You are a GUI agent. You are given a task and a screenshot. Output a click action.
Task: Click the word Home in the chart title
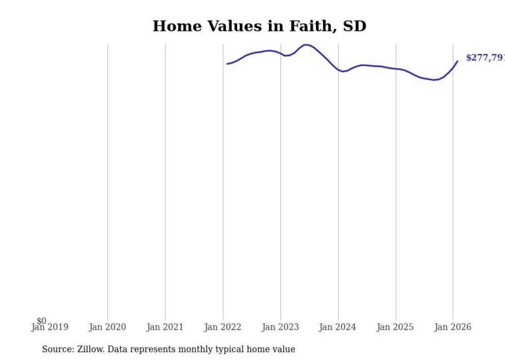tap(173, 26)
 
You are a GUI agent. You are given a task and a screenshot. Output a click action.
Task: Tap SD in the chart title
tap(354, 26)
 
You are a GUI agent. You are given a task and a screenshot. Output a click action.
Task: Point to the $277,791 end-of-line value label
tap(485, 58)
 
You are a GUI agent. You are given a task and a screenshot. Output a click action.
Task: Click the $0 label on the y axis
tap(41, 321)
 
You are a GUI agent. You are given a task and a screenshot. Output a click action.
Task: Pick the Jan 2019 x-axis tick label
tap(49, 327)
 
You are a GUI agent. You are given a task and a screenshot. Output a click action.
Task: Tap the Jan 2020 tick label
tap(107, 327)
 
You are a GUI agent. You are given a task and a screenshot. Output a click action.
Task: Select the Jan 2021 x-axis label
tap(165, 327)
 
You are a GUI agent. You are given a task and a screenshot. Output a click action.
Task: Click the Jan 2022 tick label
tap(223, 327)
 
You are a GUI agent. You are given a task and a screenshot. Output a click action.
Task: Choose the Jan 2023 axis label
tap(280, 327)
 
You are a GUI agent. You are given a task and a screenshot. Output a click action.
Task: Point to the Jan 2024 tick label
tap(338, 327)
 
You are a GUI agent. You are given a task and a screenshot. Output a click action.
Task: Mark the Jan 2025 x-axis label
tap(395, 327)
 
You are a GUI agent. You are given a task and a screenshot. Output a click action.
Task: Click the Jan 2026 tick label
tap(453, 327)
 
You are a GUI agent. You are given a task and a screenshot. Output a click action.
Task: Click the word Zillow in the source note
tap(90, 349)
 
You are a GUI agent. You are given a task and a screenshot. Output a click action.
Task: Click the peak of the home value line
tap(306, 45)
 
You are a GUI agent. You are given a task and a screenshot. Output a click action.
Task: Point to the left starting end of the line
tap(227, 64)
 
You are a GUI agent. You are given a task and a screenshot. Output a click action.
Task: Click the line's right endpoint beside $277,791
tap(457, 61)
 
